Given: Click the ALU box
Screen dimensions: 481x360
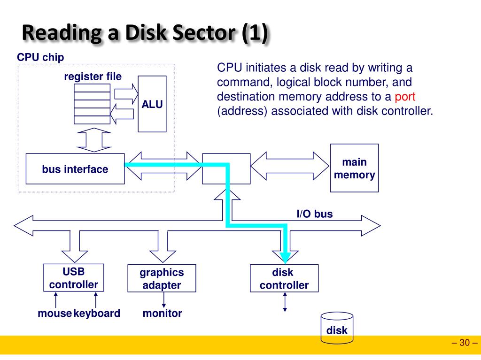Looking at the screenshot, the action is tap(152, 104).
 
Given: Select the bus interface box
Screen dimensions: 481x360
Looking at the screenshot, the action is tap(75, 169).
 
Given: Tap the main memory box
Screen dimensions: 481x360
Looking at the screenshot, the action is tap(354, 168).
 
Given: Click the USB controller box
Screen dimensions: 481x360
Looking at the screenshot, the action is tap(74, 278).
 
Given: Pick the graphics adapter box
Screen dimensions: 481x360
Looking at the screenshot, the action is tap(162, 278).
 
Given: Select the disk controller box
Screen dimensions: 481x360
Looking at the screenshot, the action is tap(284, 278).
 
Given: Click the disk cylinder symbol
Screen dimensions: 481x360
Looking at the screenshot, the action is tap(337, 328).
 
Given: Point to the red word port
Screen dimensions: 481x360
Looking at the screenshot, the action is tap(405, 97).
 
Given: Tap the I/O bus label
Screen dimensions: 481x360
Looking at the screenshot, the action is tap(315, 214).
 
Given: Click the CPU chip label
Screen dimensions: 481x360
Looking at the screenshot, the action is tap(40, 57).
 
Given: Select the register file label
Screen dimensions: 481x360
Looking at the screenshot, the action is tap(93, 77).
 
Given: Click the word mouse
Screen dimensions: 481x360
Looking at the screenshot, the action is tap(54, 314).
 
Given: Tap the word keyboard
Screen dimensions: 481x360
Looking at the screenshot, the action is tap(97, 314).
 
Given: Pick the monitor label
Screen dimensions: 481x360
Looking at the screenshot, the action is tap(162, 314).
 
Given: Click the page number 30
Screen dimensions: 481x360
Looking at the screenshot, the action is tap(465, 343).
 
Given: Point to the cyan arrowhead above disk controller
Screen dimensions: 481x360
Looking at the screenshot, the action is tap(285, 258).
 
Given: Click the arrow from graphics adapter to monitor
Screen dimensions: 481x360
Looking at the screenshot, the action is tap(164, 300).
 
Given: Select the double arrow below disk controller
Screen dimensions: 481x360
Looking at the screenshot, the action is tap(285, 302).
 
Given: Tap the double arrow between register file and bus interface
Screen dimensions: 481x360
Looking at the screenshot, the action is tap(94, 140).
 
